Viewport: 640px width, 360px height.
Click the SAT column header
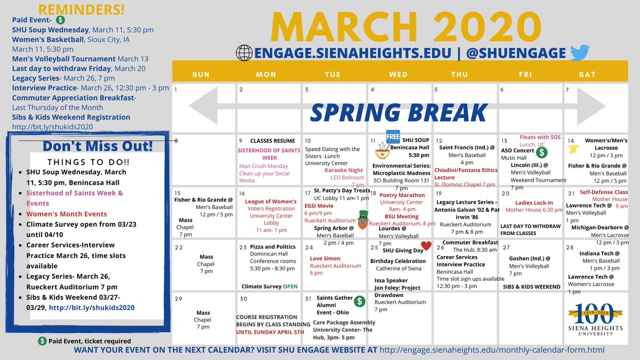[x=587, y=74]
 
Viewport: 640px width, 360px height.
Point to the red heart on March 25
[x=426, y=246]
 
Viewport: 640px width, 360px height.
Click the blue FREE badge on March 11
[x=393, y=136]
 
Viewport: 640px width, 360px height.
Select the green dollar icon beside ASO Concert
[x=542, y=152]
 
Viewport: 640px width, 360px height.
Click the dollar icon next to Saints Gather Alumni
[x=360, y=301]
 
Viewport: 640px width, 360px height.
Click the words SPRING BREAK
[x=398, y=113]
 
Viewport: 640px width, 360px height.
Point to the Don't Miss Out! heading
[x=97, y=146]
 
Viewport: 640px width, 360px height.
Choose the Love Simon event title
[x=325, y=258]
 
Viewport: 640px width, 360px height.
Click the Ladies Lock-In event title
[x=534, y=203]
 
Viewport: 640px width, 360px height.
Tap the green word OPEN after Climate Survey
[x=291, y=286]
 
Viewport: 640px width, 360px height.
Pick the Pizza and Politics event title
[x=273, y=247]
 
